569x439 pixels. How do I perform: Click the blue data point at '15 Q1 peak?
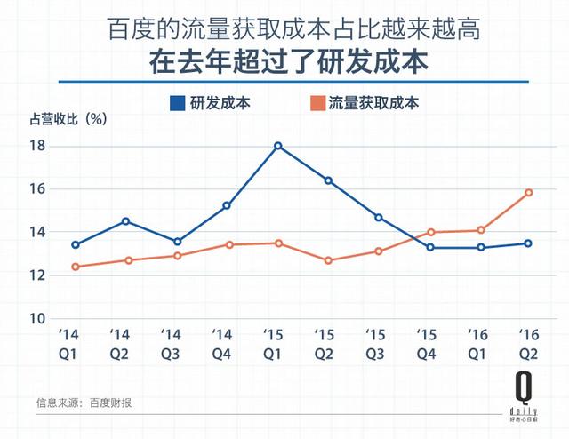(x=278, y=146)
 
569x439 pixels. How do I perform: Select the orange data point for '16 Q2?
(x=528, y=192)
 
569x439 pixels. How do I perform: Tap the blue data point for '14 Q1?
(x=76, y=244)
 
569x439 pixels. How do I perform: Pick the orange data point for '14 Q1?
(x=76, y=267)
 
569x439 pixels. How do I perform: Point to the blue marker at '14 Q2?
(x=126, y=220)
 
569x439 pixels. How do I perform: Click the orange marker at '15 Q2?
(x=328, y=260)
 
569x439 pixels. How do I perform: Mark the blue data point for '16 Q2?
(x=528, y=243)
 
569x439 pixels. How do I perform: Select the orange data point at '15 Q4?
(x=431, y=233)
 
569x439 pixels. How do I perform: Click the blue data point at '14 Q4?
(x=227, y=205)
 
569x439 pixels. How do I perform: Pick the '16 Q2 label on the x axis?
(x=528, y=343)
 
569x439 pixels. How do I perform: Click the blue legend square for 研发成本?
(x=177, y=102)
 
